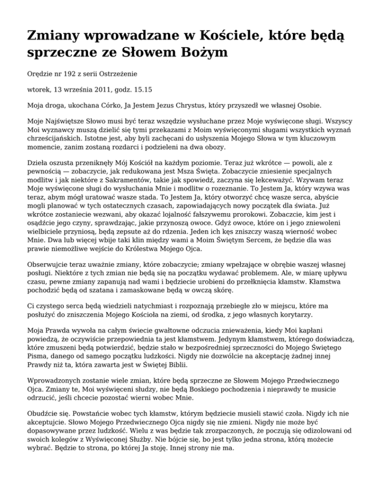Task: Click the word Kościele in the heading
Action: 225,36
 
